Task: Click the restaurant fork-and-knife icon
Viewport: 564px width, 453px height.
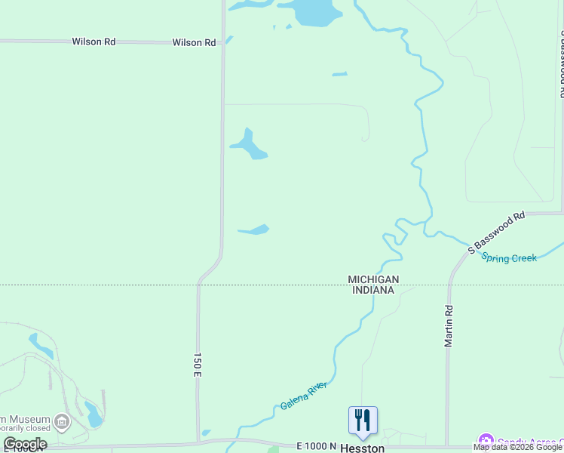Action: tap(363, 420)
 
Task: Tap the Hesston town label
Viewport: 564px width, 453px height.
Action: tap(363, 448)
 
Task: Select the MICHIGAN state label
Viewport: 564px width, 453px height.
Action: tap(372, 279)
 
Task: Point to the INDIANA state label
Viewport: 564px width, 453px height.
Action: tap(372, 290)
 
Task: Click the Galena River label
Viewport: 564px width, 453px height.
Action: tap(303, 396)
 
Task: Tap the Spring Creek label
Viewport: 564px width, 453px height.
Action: tap(510, 257)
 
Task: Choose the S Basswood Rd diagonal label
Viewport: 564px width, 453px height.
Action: tap(496, 233)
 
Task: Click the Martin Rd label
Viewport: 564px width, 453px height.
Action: tap(449, 325)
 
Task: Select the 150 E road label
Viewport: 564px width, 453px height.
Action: tap(198, 364)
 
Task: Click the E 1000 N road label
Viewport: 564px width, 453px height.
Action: tap(316, 446)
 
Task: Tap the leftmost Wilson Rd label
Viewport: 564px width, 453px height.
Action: tap(93, 42)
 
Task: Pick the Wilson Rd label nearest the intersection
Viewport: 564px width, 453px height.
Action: tap(194, 42)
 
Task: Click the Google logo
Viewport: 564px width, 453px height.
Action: tap(25, 444)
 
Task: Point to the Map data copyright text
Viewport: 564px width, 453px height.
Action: tap(517, 447)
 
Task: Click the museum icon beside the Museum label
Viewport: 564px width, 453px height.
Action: tap(63, 421)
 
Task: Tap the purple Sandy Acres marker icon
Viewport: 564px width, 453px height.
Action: tap(486, 440)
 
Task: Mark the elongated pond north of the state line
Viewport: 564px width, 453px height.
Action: tap(255, 230)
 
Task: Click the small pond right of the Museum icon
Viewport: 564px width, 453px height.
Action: tap(93, 414)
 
